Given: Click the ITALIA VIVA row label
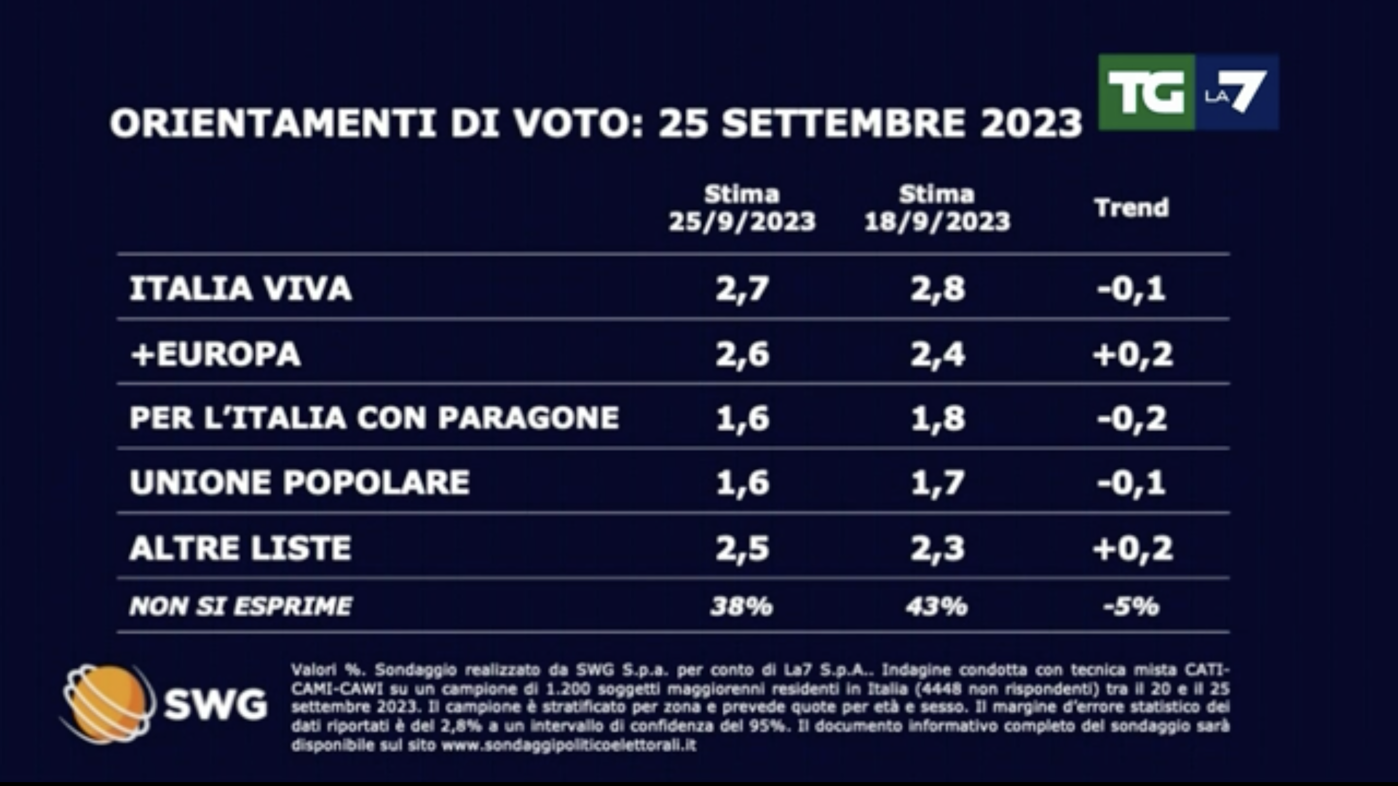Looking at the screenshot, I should [240, 288].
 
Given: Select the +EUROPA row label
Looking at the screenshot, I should [216, 354].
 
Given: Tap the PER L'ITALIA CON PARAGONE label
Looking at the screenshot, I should [374, 418].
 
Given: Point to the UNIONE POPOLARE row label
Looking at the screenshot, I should [300, 482].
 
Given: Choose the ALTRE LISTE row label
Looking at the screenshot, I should [240, 547].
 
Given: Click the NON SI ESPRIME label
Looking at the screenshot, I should [240, 606].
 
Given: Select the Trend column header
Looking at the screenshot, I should [1132, 208].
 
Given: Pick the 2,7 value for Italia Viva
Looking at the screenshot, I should [742, 288].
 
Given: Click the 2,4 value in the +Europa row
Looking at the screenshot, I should [937, 354].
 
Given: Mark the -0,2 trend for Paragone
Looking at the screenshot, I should [1132, 418].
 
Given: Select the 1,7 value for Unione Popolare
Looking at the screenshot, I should [937, 482].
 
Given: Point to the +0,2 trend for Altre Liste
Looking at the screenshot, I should [1132, 547].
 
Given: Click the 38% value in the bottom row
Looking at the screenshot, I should [741, 606].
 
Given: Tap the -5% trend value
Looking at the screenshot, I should [1132, 606].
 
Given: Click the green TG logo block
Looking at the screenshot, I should [1146, 92].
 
